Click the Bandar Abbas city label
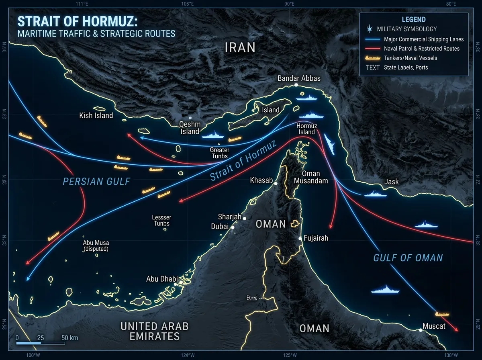(x=299, y=78)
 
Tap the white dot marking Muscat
(x=421, y=330)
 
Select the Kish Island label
(x=96, y=116)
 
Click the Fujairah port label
(x=316, y=238)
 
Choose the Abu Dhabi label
(x=162, y=279)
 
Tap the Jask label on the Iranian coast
(x=391, y=182)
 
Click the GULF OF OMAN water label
(x=408, y=258)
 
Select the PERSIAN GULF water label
(x=96, y=181)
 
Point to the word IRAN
(x=240, y=48)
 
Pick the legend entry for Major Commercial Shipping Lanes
(x=423, y=39)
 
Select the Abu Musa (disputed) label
(x=96, y=245)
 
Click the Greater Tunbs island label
(x=219, y=153)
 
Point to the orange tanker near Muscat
(x=442, y=313)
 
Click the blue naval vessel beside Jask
(x=375, y=194)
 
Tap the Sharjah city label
(x=229, y=217)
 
